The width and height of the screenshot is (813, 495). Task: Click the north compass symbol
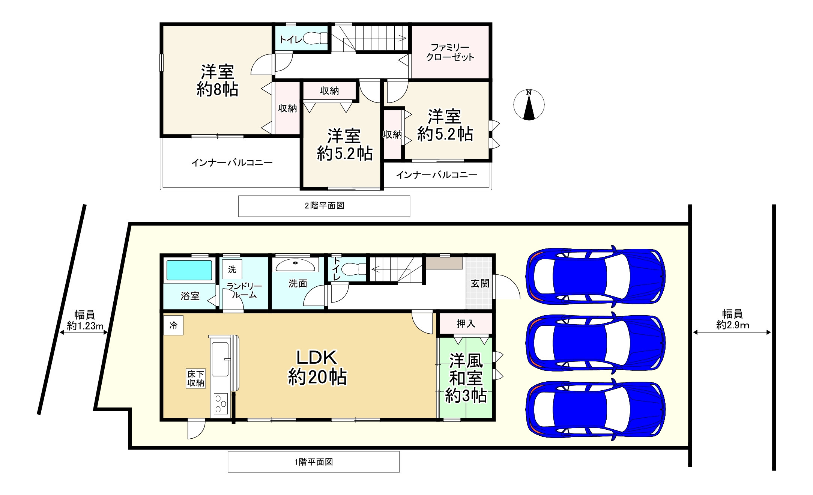coord(529,105)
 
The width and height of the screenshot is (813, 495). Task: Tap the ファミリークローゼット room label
coord(450,52)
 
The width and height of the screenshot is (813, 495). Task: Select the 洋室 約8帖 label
coord(218,80)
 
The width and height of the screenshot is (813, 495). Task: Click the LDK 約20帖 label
coord(317,367)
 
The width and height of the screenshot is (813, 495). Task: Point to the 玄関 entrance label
coord(480,283)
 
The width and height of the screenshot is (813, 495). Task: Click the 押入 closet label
coord(466,323)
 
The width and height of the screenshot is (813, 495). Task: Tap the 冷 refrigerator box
coord(173,325)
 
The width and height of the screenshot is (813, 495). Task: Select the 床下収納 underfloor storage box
coord(195,378)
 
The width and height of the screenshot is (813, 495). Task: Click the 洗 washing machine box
coord(232,269)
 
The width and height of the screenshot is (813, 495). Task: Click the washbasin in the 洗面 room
coord(296,265)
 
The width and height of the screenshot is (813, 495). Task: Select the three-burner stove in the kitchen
coord(221,404)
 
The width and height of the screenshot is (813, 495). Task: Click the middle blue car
coord(595,343)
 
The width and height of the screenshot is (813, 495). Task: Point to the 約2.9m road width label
coord(733,325)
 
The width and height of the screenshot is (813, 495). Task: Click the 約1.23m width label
coord(85,326)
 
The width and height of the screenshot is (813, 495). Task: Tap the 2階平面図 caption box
coord(324,206)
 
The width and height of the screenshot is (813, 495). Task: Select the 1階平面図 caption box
coord(314,462)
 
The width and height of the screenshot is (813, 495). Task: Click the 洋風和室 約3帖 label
coord(466,378)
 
